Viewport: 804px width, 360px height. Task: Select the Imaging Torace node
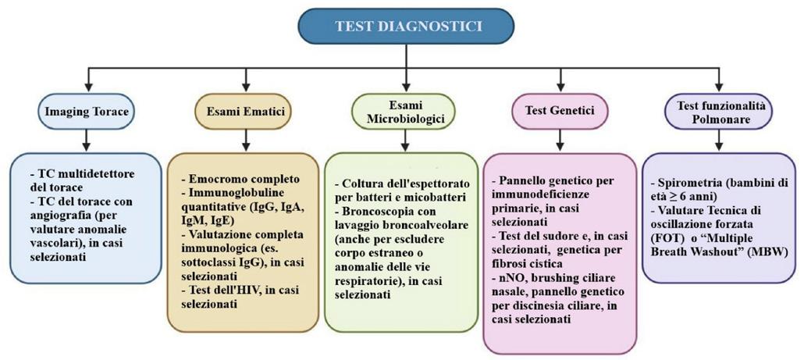pyautogui.click(x=86, y=111)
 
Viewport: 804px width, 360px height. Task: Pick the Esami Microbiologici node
pyautogui.click(x=404, y=111)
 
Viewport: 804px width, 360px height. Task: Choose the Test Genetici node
pyautogui.click(x=560, y=111)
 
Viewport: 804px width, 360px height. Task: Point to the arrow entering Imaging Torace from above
pyautogui.click(x=87, y=81)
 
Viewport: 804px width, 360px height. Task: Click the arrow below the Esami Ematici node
pyautogui.click(x=246, y=141)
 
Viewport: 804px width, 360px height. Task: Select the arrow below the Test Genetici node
pyautogui.click(x=561, y=141)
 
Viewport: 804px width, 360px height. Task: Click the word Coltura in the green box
pyautogui.click(x=361, y=183)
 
